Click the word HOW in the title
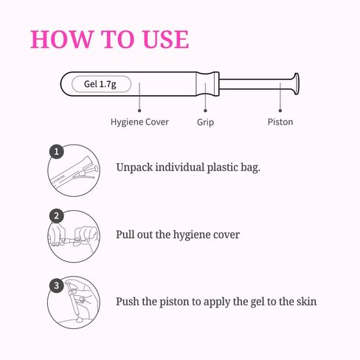[61, 39]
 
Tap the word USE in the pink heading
[166, 39]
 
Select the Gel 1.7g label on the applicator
[100, 84]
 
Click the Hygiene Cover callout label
[139, 122]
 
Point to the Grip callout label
[205, 122]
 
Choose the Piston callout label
[280, 122]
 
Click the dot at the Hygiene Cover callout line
[139, 111]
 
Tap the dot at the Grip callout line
[205, 111]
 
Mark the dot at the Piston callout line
[280, 111]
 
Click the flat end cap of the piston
[297, 84]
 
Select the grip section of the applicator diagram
[208, 84]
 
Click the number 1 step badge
[57, 151]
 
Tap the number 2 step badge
[57, 216]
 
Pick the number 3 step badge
[57, 285]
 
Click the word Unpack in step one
[134, 167]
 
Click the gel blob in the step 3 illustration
[80, 319]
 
